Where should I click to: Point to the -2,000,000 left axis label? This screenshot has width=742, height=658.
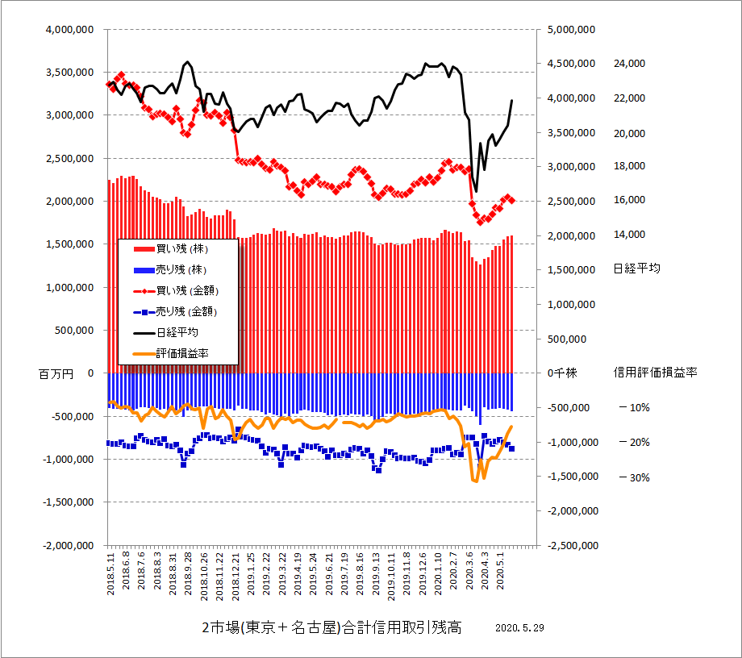pyautogui.click(x=68, y=545)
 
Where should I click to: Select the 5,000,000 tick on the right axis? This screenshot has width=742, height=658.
pyautogui.click(x=570, y=29)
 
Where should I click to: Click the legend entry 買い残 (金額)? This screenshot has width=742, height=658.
pyautogui.click(x=187, y=289)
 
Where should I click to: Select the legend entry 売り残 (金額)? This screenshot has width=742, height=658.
pyautogui.click(x=187, y=310)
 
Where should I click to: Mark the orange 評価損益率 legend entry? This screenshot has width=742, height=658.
pyautogui.click(x=182, y=352)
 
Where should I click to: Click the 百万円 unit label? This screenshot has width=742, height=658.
pyautogui.click(x=56, y=374)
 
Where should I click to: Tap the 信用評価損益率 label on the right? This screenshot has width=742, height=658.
pyautogui.click(x=655, y=373)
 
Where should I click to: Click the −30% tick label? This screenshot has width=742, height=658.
pyautogui.click(x=634, y=477)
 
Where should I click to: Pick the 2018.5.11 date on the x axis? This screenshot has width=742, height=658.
pyautogui.click(x=111, y=573)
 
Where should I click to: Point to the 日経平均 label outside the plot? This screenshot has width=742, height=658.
pyautogui.click(x=636, y=269)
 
